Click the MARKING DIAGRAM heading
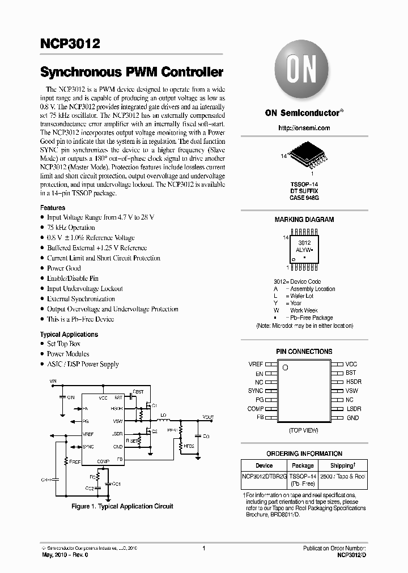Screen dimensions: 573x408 [x=304, y=220]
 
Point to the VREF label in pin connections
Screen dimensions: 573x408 [x=256, y=364]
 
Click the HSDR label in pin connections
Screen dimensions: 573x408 [x=354, y=382]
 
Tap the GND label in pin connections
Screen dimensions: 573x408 [x=352, y=418]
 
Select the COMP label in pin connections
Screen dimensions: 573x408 [x=255, y=409]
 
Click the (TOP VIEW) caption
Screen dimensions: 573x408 [x=304, y=430]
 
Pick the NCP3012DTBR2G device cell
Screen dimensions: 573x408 [x=264, y=477]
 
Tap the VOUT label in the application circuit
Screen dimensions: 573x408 [x=208, y=417]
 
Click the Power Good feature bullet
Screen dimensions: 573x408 [x=64, y=268]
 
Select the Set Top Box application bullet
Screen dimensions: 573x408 [x=63, y=344]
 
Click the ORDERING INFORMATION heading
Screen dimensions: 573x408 [x=304, y=453]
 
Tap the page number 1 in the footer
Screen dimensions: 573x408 [x=203, y=548]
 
